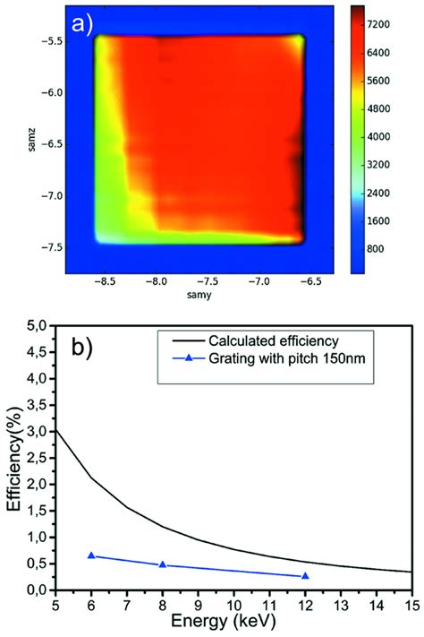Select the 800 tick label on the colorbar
pos(386,246)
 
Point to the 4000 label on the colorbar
pos(390,137)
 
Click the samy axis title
pos(199,294)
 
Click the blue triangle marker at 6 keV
pos(91,555)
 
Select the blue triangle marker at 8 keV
pos(162,564)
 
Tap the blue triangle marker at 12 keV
pos(305,576)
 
